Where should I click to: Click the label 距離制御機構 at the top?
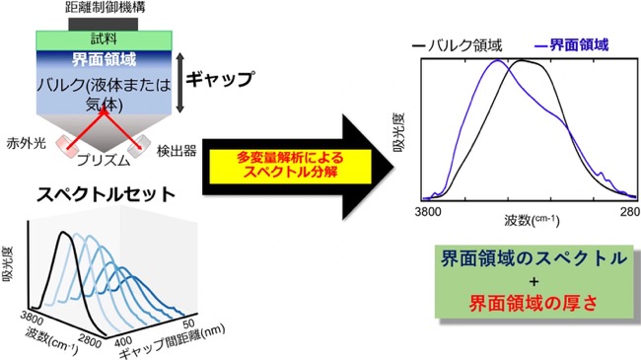(x=106, y=7)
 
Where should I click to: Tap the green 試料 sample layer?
(x=105, y=40)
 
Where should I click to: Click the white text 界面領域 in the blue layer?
(x=104, y=60)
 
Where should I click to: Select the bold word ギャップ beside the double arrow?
(x=220, y=78)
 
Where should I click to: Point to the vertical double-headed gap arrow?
(x=180, y=82)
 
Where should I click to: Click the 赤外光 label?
(x=27, y=144)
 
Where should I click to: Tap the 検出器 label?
(x=177, y=151)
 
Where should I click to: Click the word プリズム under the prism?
(x=104, y=160)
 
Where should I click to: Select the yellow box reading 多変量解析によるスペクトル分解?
(x=290, y=167)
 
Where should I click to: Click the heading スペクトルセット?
(x=106, y=194)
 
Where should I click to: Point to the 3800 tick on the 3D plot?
(x=32, y=317)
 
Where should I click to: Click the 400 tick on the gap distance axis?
(x=122, y=340)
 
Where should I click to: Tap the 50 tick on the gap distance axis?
(x=189, y=324)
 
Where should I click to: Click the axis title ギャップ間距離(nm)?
(x=172, y=340)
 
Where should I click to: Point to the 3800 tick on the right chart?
(x=428, y=211)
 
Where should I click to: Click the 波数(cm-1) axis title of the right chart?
(x=532, y=220)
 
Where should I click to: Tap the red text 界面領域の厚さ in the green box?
(x=534, y=304)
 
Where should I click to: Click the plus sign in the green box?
(x=534, y=281)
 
